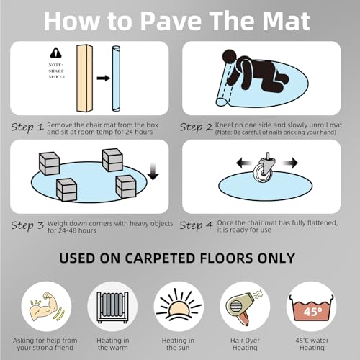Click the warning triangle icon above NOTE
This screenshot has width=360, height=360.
tap(55, 53)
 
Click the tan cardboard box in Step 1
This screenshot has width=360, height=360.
tap(84, 78)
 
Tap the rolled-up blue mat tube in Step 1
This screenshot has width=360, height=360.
tap(116, 78)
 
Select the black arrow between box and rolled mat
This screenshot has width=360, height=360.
tap(104, 78)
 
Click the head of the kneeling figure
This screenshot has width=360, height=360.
tap(230, 58)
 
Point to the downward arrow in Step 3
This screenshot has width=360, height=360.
tap(153, 171)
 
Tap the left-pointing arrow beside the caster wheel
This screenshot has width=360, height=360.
tap(245, 163)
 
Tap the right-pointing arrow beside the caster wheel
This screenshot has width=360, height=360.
tap(289, 163)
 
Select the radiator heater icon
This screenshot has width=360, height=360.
tap(112, 307)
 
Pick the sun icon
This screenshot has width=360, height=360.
tap(179, 305)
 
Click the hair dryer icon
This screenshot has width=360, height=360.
tap(243, 307)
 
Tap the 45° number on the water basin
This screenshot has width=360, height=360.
tap(312, 312)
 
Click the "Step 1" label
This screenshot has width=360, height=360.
tap(27, 127)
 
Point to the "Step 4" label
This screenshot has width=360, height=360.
tap(196, 225)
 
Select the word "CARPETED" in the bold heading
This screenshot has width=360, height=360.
tap(160, 258)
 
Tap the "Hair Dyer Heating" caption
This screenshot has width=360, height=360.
tap(245, 344)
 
